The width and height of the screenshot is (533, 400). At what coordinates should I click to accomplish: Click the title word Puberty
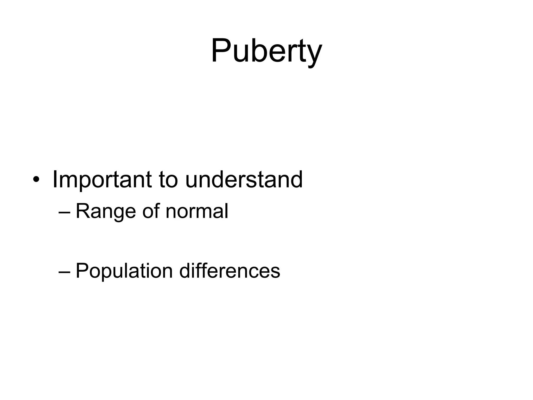coord(266,51)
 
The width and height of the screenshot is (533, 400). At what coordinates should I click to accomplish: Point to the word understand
coord(244,179)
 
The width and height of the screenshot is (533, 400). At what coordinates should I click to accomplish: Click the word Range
coord(106,211)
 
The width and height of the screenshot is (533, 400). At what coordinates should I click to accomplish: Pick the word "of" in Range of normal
coord(151,211)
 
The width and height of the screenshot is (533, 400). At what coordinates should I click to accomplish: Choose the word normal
coord(197,211)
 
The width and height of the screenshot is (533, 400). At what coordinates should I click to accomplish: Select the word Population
coord(124,271)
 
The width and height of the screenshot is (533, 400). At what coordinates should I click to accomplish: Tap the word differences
coord(230,271)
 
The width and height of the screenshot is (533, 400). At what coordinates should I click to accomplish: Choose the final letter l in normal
coord(226,210)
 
